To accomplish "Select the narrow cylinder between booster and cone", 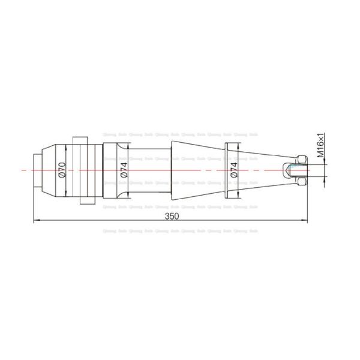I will tap(150, 171).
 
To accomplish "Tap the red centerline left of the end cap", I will tap(25, 171).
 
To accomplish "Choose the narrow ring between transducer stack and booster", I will tap(97, 171).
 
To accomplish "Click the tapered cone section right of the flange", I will tap(258, 171).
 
